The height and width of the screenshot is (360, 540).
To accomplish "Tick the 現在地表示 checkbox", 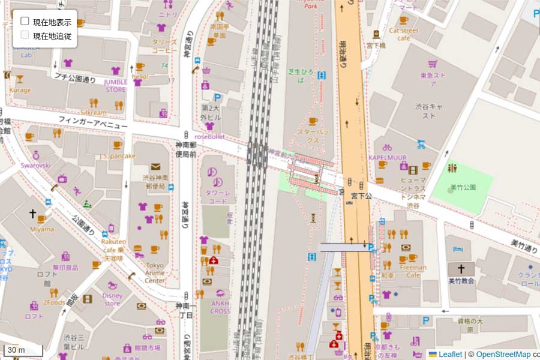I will pos(25,21).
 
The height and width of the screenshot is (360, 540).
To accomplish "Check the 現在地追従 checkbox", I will pos(25,35).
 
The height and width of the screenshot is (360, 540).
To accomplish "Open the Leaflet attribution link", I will pos(450,354).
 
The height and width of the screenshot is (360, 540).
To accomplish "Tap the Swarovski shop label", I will pos(36,165).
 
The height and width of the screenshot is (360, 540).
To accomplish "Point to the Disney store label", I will pos(112,299).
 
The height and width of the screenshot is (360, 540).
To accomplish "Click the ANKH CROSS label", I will pos(220,307).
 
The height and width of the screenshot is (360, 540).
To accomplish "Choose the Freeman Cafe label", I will pos(413,271).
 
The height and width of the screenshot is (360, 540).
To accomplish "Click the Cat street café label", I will pos(403,34).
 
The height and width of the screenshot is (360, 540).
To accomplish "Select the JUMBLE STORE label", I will pos(116,86).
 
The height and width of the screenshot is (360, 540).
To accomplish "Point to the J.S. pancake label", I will pos(118,156).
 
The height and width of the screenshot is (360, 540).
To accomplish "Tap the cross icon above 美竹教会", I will pos(461,269).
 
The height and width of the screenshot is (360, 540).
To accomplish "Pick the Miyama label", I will pos(42,229).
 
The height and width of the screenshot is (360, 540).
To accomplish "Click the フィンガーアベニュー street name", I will pos(93,123).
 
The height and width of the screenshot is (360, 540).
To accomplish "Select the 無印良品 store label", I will pos(65,268).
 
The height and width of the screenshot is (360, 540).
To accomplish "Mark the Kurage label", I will pos(20,90).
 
